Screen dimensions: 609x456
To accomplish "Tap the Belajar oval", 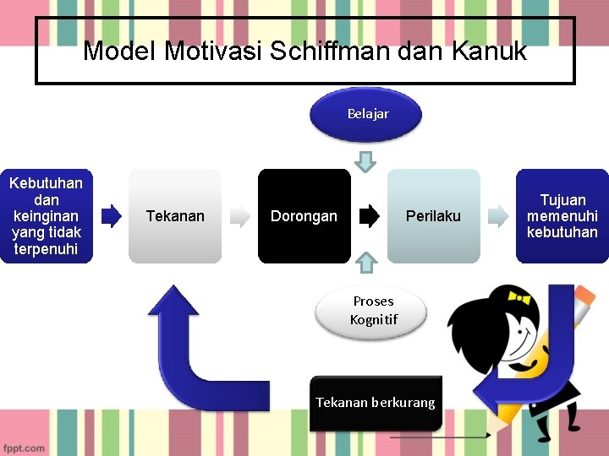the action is tap(367, 114).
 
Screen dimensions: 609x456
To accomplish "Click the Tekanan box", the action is tap(175, 216).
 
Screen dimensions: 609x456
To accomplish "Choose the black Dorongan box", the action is tap(304, 216).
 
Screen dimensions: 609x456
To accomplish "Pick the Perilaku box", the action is tap(433, 216).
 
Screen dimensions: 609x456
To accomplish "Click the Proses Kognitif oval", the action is tap(372, 310).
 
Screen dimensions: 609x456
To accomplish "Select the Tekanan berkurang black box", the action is tap(375, 403).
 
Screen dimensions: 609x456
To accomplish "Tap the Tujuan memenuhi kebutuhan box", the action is tap(562, 216).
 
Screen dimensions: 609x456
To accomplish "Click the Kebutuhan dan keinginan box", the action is tap(46, 216).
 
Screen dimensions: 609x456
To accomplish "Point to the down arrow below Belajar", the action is tap(365, 160).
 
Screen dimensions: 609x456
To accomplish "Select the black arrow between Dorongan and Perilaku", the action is tap(370, 216).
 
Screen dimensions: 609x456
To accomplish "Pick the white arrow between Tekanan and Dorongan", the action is tap(241, 216).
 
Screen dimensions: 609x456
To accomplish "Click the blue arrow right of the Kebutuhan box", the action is tap(111, 216).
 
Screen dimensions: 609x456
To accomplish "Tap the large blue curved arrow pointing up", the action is tap(182, 346).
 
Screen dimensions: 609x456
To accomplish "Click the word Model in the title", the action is tap(120, 52).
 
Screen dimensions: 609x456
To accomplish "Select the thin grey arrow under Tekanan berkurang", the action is tap(440, 437).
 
